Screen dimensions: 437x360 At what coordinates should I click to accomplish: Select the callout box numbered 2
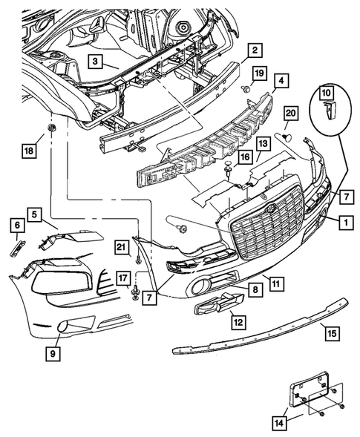[254, 50]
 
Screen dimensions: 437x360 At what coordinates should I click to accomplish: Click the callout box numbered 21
[119, 247]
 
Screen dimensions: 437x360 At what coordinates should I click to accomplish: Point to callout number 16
[244, 159]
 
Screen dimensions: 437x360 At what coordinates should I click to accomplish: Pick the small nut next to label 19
[244, 89]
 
